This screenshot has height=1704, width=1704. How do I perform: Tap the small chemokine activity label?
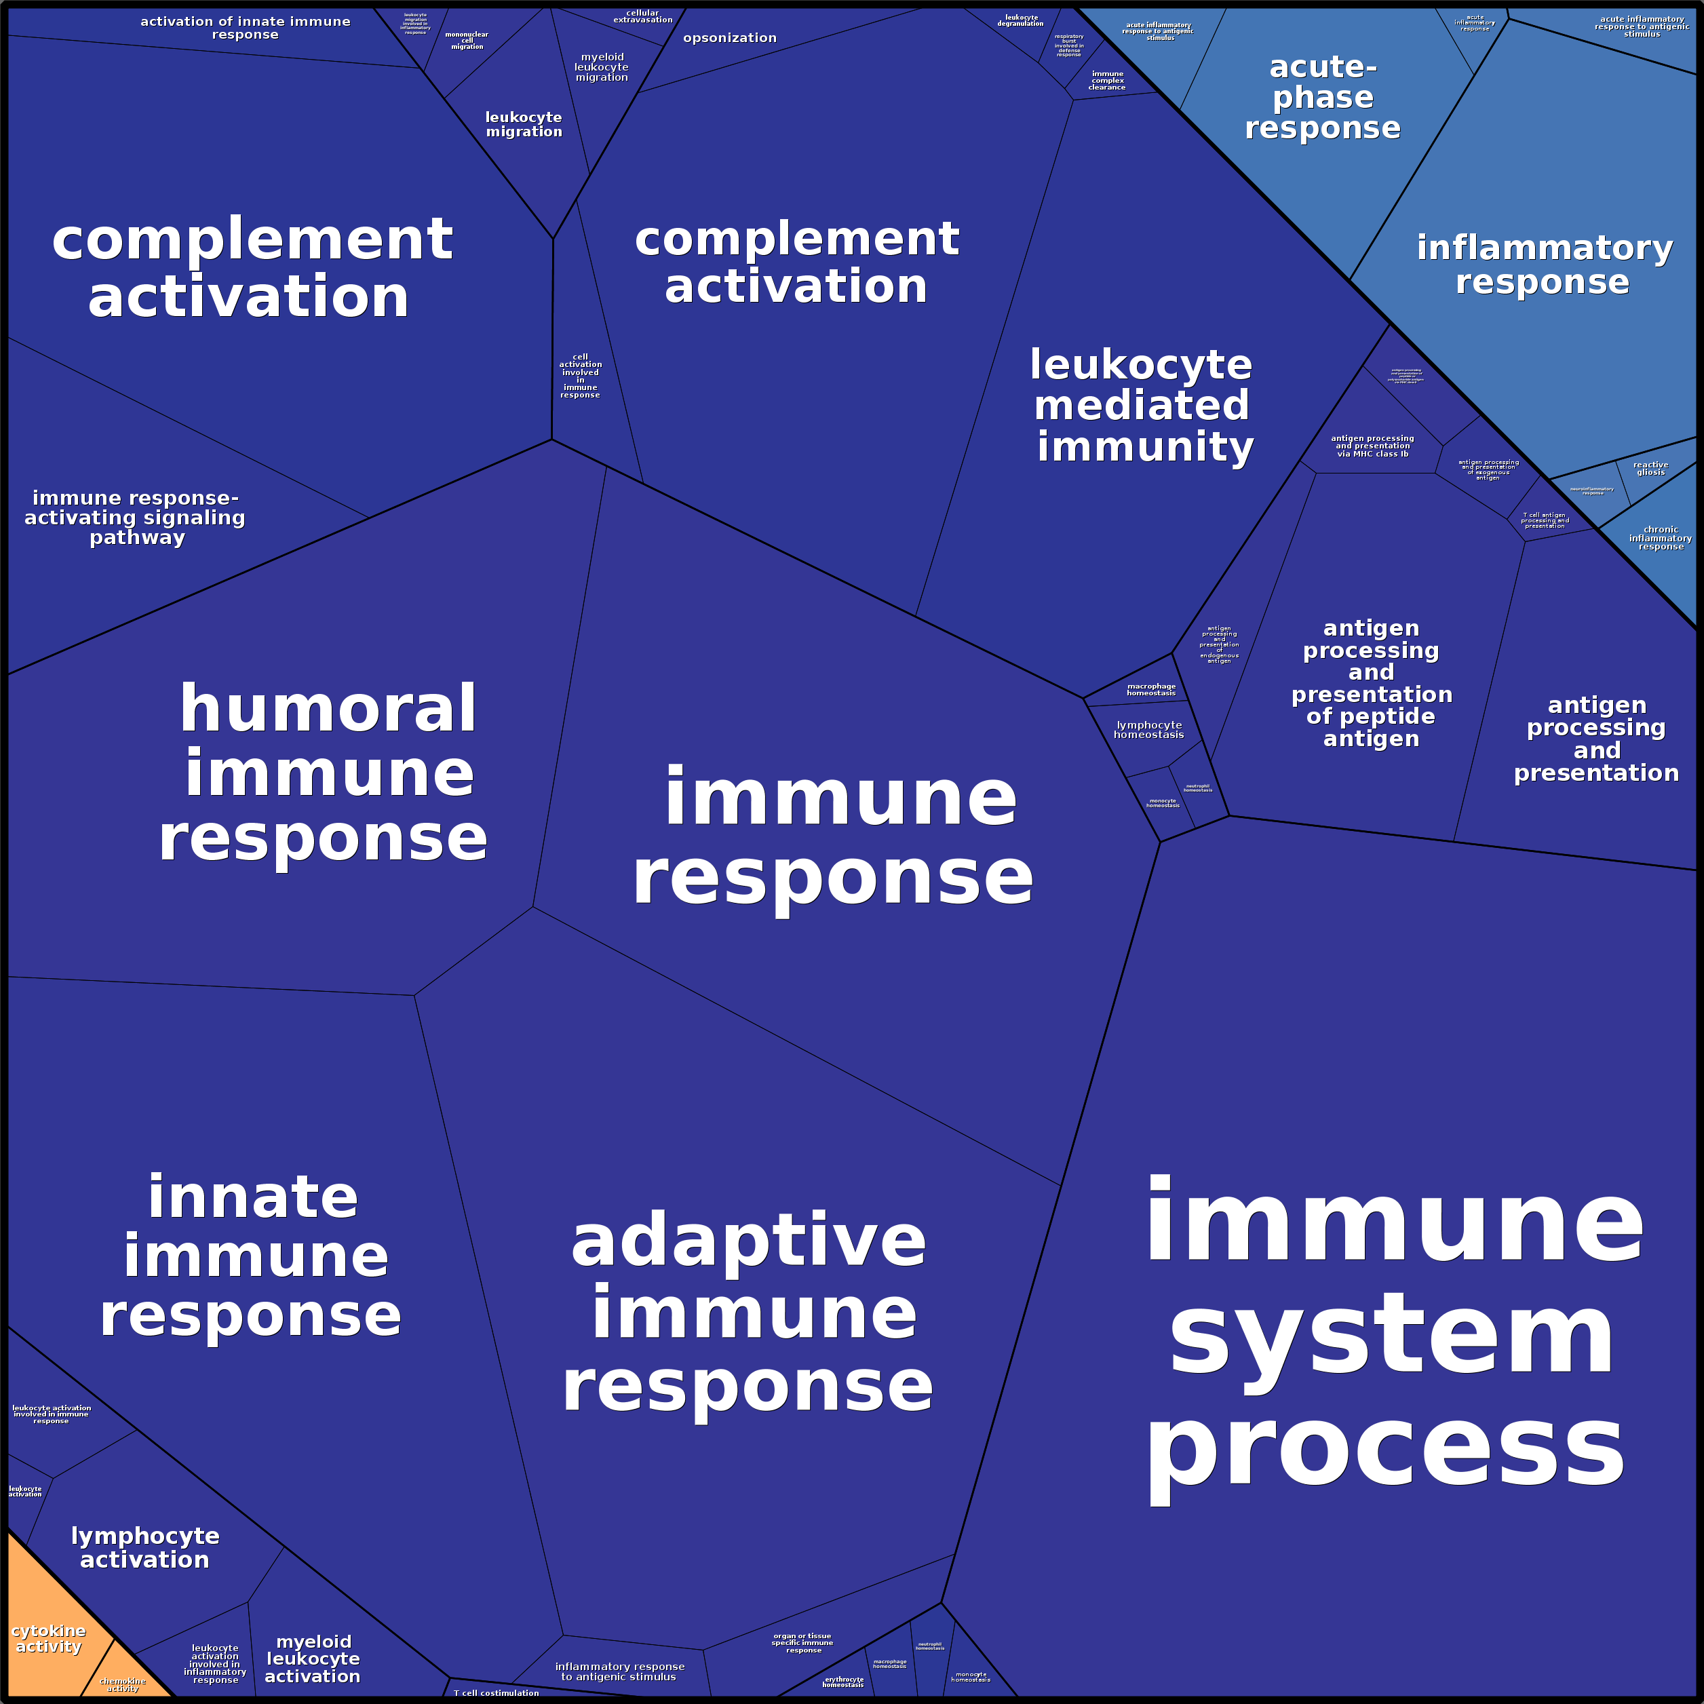pos(123,1684)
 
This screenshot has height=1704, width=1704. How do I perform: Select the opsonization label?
pos(729,38)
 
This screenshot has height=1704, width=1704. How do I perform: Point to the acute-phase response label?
pos(1322,97)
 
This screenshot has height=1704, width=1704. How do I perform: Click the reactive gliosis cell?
pos(1650,468)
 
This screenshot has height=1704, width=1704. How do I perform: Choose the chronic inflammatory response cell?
pos(1661,538)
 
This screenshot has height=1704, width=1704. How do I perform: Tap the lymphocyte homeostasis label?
pos(1148,729)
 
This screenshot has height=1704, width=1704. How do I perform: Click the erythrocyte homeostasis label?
pos(843,1682)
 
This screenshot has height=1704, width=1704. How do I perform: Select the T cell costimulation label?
pos(496,1692)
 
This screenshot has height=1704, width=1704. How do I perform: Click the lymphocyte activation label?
pos(146,1547)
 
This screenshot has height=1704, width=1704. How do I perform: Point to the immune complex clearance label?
pos(1107,80)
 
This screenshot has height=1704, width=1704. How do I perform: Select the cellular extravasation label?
pos(643,16)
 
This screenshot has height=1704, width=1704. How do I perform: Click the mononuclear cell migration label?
pos(467,41)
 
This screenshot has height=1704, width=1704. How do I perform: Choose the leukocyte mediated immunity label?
pos(1143,406)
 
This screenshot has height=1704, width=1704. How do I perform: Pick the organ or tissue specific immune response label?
pos(802,1642)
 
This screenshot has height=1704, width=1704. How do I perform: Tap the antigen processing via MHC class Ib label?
pos(1372,446)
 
